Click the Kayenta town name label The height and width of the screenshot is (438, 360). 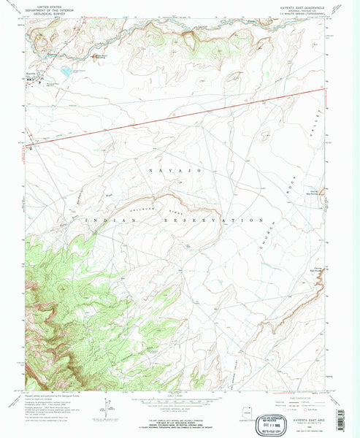31,74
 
